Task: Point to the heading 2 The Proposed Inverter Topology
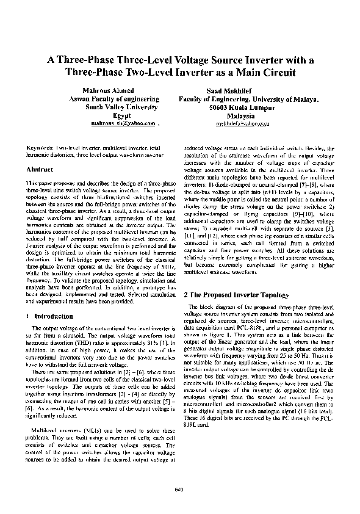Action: coord(235,294)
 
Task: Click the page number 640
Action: coord(179,489)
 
